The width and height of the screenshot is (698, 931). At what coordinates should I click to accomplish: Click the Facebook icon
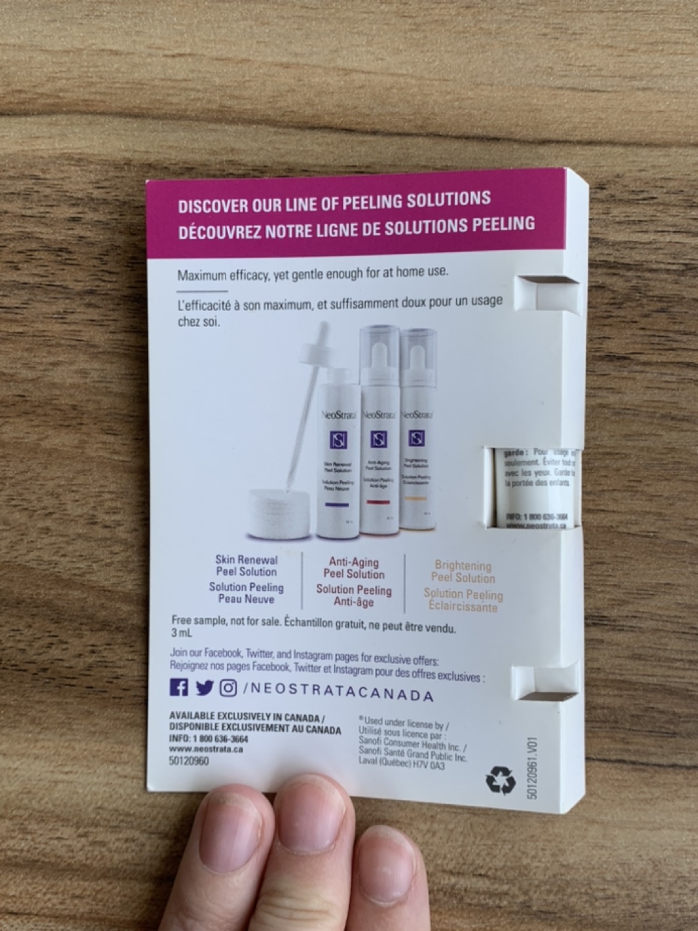pyautogui.click(x=179, y=687)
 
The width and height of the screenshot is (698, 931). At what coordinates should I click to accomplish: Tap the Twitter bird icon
pyautogui.click(x=204, y=688)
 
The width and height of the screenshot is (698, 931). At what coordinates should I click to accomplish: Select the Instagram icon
pyautogui.click(x=228, y=689)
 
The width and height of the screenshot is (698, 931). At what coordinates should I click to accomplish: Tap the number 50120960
pyautogui.click(x=188, y=761)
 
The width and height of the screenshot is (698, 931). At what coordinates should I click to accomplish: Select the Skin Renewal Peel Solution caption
pyautogui.click(x=246, y=566)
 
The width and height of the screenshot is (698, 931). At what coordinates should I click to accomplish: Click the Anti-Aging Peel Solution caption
pyautogui.click(x=353, y=568)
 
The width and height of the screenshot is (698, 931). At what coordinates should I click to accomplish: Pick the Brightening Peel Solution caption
pyautogui.click(x=463, y=572)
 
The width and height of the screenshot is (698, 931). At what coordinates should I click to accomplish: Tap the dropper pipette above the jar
pyautogui.click(x=304, y=401)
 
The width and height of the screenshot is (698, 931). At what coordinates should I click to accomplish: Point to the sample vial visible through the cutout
pyautogui.click(x=533, y=488)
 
